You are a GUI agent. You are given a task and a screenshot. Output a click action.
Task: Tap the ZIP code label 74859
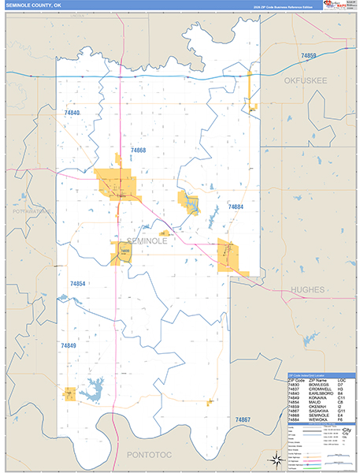[308, 55]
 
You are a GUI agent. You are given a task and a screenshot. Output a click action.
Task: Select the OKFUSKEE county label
[306, 80]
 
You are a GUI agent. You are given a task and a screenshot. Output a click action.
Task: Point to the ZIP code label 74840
[72, 114]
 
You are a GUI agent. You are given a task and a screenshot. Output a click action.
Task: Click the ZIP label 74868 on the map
[139, 150]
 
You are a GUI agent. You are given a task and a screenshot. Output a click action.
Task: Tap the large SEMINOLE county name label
[147, 241]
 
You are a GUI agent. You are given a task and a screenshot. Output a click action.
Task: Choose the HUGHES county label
[306, 289]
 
